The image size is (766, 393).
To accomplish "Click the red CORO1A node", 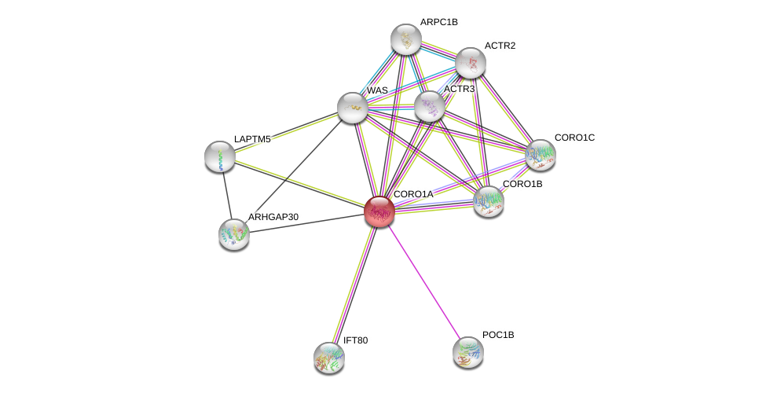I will click(x=379, y=211).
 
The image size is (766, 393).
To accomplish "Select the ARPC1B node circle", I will click(x=406, y=39).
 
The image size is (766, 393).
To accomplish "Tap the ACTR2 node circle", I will click(x=471, y=63).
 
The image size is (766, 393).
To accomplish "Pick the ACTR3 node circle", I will click(x=430, y=106).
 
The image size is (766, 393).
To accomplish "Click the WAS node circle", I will click(x=352, y=108).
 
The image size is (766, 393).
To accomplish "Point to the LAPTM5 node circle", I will click(x=219, y=156).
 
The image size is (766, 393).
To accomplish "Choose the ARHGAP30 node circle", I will click(x=234, y=233).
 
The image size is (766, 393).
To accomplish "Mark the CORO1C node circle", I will click(x=541, y=154).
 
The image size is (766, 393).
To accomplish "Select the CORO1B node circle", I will click(x=489, y=201).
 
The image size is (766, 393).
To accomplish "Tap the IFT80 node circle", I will click(x=329, y=357).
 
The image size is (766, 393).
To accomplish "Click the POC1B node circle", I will click(x=468, y=351).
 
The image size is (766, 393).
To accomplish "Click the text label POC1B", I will click(x=498, y=335).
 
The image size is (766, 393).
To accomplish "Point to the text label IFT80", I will click(x=355, y=340).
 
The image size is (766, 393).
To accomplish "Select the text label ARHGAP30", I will click(x=273, y=217).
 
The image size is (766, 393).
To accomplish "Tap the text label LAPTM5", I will click(x=251, y=139).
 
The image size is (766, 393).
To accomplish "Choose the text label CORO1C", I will click(x=574, y=138).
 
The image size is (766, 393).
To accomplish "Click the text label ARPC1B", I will click(x=438, y=22).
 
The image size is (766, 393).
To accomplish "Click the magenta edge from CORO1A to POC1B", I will click(x=423, y=281).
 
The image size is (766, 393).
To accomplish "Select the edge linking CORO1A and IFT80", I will click(x=354, y=284).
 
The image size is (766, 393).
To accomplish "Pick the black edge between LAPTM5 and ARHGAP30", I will click(x=226, y=194).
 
